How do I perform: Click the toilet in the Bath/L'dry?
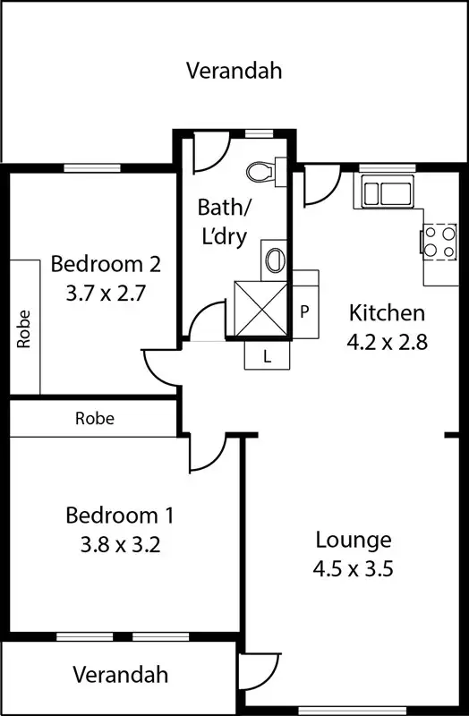click(264, 171)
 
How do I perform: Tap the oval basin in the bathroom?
click(274, 260)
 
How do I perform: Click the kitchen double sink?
click(385, 192)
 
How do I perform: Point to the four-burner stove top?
click(439, 240)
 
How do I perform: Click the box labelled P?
click(305, 312)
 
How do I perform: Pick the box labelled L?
click(267, 355)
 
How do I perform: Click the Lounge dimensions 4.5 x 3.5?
click(354, 567)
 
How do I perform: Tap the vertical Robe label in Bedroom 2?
click(23, 328)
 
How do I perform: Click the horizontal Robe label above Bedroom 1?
click(94, 418)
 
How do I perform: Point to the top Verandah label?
click(233, 71)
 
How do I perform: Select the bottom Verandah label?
click(120, 674)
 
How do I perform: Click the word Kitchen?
click(386, 313)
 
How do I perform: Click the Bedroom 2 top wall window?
click(92, 166)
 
